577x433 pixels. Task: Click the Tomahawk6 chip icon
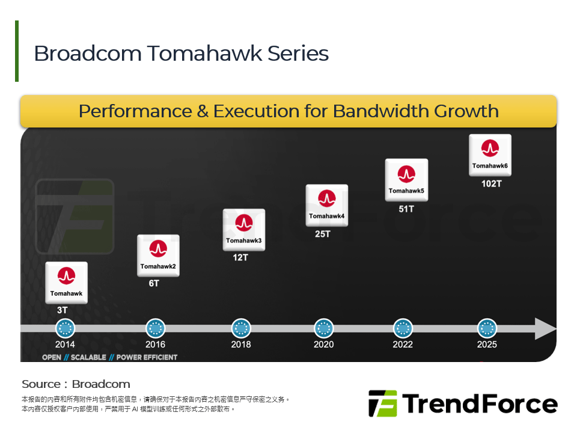click(490, 155)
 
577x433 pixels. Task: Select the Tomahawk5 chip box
click(406, 179)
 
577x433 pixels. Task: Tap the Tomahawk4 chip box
click(326, 204)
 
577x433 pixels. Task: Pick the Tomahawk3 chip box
click(243, 229)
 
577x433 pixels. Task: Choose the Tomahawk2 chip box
click(158, 255)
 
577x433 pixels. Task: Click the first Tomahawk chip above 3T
click(66, 282)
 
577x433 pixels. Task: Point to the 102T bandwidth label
click(491, 183)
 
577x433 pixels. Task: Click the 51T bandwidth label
click(406, 209)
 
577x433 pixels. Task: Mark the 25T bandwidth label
click(323, 234)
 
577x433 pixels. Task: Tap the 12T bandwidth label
click(240, 257)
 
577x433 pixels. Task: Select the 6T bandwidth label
click(154, 283)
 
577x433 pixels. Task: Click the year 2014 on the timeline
click(65, 345)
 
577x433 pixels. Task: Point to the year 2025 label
click(487, 345)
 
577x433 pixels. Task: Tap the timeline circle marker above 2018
click(241, 328)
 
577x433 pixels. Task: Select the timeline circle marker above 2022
click(403, 328)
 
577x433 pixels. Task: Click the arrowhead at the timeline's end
click(545, 328)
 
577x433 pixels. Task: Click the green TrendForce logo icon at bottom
click(383, 404)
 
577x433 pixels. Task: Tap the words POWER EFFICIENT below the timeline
click(147, 357)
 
